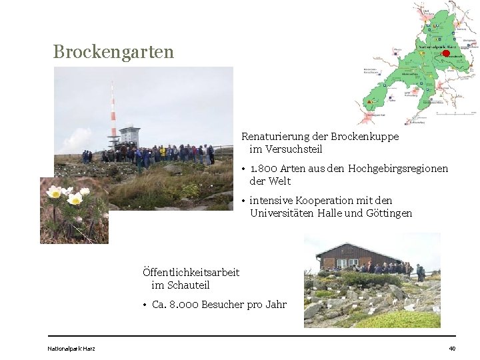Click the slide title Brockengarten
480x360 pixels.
113,51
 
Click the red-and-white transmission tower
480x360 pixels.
113,113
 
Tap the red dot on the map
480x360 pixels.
447,53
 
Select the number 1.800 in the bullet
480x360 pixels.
264,169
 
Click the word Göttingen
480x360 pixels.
389,213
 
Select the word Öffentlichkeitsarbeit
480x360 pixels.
191,272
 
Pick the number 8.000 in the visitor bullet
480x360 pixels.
184,305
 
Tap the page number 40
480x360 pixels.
452,349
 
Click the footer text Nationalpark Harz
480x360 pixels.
71,349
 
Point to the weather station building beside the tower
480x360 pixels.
129,136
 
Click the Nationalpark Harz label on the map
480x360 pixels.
433,47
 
